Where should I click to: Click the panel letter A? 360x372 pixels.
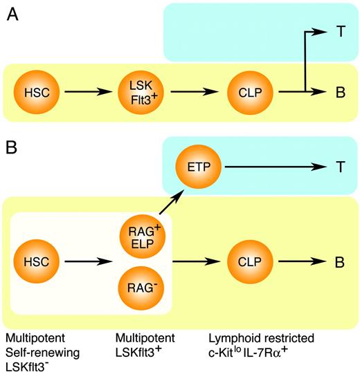point(12,15)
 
